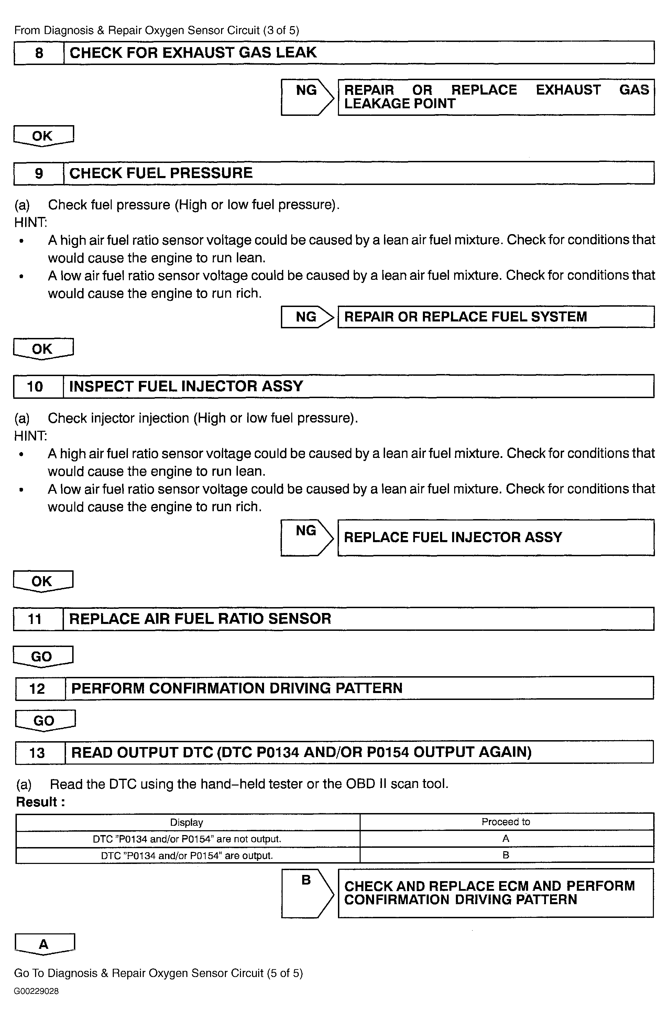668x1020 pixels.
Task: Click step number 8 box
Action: [x=39, y=53]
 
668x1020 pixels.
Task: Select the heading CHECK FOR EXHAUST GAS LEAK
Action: [x=193, y=53]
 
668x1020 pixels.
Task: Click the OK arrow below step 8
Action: [x=43, y=135]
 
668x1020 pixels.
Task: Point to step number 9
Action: [x=39, y=173]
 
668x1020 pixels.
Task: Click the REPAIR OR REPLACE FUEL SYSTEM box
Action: [x=495, y=317]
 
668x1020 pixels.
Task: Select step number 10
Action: [x=35, y=386]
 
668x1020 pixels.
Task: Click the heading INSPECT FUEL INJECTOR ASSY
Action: [x=186, y=386]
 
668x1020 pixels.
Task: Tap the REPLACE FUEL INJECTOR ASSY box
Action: [x=495, y=537]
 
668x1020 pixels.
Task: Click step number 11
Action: [x=35, y=619]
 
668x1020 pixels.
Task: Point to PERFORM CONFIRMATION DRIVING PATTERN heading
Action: [x=237, y=688]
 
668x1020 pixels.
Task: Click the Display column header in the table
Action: [x=187, y=822]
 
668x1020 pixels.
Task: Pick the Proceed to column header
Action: [x=506, y=822]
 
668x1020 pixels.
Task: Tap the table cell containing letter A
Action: [x=506, y=838]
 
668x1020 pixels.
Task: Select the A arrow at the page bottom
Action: [x=44, y=944]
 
